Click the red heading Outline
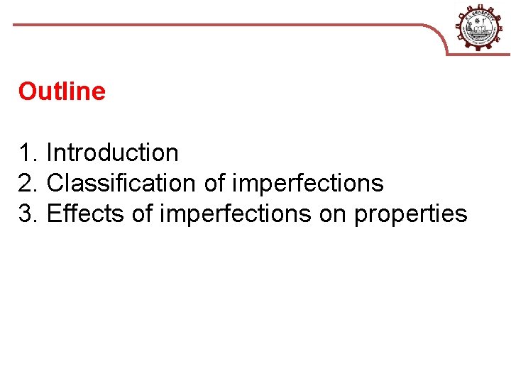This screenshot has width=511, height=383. (62, 91)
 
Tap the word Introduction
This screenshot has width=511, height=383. (112, 152)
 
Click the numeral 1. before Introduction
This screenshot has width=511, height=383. (28, 152)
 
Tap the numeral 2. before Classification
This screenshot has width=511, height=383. (29, 183)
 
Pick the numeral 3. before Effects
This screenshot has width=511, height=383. (29, 213)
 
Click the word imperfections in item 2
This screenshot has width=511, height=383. (308, 184)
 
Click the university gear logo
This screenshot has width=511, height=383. (482, 27)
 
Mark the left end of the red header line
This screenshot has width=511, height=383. (14, 25)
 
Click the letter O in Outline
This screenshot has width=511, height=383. (27, 91)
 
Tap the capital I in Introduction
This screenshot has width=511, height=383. (49, 152)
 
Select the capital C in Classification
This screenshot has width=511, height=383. (55, 183)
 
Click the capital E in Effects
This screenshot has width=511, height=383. (53, 213)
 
